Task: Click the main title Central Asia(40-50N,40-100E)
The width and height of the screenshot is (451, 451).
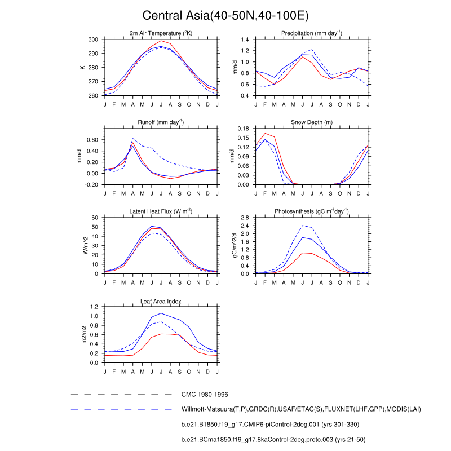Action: pos(225,15)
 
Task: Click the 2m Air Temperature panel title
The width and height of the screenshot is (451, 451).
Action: pos(161,34)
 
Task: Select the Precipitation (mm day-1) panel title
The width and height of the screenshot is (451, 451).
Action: pos(312,34)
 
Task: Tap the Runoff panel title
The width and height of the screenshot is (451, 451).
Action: pos(161,122)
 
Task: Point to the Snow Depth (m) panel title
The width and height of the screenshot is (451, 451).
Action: pos(312,122)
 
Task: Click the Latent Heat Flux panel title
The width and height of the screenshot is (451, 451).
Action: pos(161,211)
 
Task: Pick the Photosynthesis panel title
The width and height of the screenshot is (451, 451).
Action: pos(312,211)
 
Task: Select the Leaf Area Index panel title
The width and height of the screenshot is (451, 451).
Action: pos(161,301)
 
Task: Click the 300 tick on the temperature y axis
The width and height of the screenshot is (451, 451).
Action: pos(92,39)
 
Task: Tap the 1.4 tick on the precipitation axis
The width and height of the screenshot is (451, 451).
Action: pos(244,39)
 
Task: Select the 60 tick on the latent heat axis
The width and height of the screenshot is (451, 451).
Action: pos(95,218)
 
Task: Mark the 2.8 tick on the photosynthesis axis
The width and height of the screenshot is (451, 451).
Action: pos(244,218)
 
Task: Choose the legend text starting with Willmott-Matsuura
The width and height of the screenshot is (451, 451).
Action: pos(301,409)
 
